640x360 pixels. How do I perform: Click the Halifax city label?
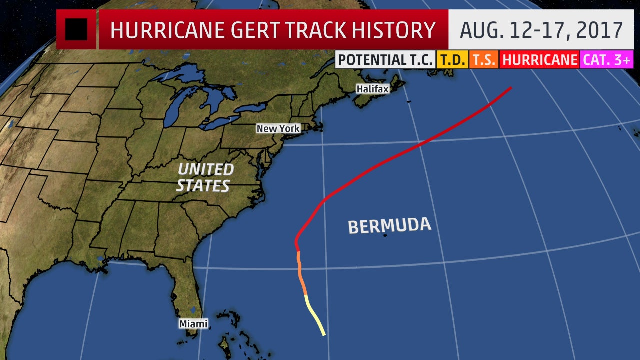click(x=372, y=88)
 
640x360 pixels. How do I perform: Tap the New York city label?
click(x=278, y=128)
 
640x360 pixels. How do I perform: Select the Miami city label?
click(x=193, y=324)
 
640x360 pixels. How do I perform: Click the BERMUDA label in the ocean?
click(x=389, y=225)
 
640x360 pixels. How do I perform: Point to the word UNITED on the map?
click(x=206, y=170)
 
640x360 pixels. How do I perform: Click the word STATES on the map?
click(x=203, y=186)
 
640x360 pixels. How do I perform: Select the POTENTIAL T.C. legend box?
click(x=385, y=60)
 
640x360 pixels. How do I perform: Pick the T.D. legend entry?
click(x=452, y=60)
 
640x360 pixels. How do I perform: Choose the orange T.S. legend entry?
click(x=483, y=60)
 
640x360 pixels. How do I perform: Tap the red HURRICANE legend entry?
click(x=539, y=60)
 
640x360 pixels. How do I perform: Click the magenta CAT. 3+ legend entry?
click(x=607, y=60)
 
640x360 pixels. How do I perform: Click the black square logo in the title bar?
click(x=76, y=29)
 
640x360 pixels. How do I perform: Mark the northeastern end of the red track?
click(x=510, y=88)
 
